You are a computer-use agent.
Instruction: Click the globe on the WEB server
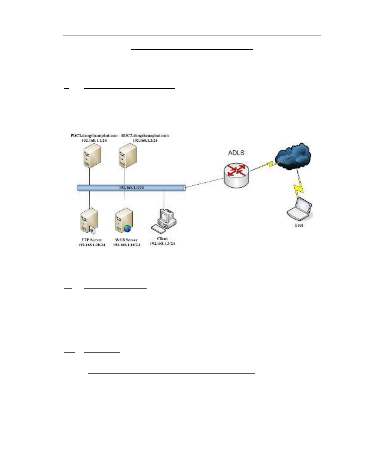[x=128, y=229]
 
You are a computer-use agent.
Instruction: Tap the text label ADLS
[x=236, y=153]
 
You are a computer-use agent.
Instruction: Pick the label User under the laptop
[x=299, y=225]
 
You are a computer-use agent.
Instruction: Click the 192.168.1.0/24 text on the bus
[x=131, y=188]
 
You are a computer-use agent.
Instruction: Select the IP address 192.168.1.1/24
[x=94, y=140]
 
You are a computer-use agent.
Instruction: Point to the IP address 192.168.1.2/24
[x=145, y=140]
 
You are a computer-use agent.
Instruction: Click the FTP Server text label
[x=92, y=240]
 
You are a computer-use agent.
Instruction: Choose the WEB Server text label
[x=126, y=240]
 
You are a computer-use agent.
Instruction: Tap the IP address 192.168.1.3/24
[x=162, y=244]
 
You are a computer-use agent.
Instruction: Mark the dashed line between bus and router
[x=204, y=183]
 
